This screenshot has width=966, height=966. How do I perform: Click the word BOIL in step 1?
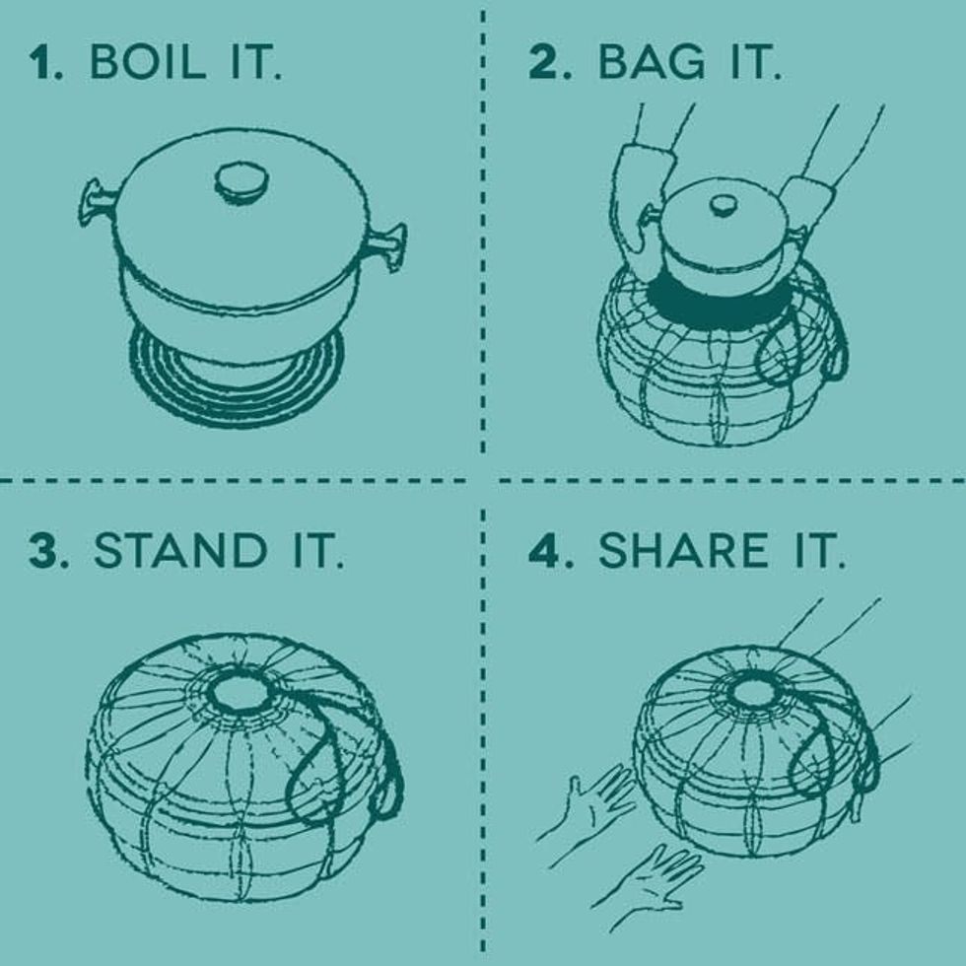point(147,61)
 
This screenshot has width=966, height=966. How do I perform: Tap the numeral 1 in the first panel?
point(41,62)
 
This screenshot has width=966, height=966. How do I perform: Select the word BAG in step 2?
point(651,61)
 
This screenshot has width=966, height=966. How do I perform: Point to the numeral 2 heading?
point(543,61)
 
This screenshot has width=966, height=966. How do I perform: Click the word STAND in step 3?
point(179,550)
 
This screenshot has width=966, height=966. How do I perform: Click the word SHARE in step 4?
point(683,550)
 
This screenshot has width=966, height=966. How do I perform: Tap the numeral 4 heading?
point(544,550)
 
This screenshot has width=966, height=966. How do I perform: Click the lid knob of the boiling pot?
point(241,183)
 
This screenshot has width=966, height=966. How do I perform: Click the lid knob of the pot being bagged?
point(724,205)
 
